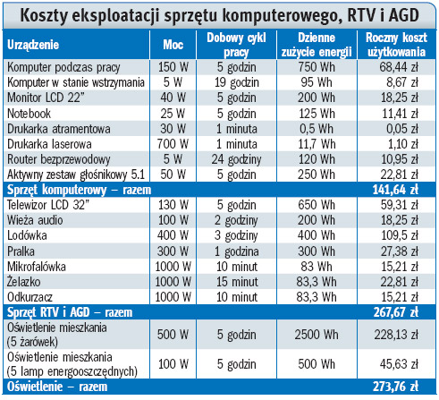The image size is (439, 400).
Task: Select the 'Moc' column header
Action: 173,45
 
